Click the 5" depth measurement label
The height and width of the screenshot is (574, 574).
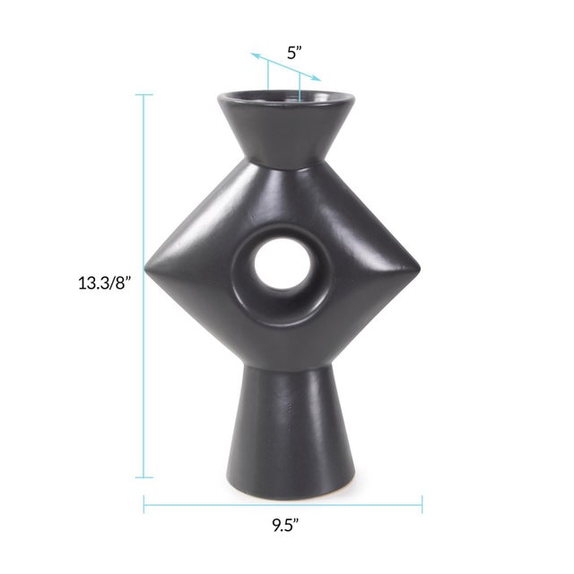(x=294, y=52)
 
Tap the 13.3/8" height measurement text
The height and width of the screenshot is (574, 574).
(x=105, y=283)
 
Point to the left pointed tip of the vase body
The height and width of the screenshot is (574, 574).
(x=149, y=262)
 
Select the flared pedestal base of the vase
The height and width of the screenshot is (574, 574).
(x=285, y=430)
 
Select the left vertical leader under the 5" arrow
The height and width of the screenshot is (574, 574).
(x=267, y=75)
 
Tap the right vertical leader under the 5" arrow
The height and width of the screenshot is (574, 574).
(x=300, y=87)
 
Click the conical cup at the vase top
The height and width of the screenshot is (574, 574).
(x=285, y=126)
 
